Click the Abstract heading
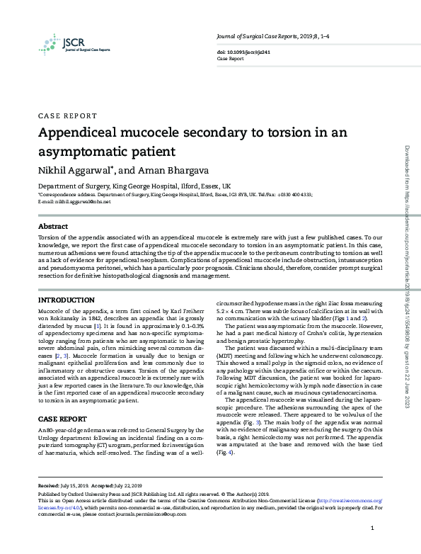pyautogui.click(x=53, y=227)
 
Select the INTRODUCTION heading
pyautogui.click(x=66, y=301)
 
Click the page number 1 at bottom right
pyautogui.click(x=372, y=529)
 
